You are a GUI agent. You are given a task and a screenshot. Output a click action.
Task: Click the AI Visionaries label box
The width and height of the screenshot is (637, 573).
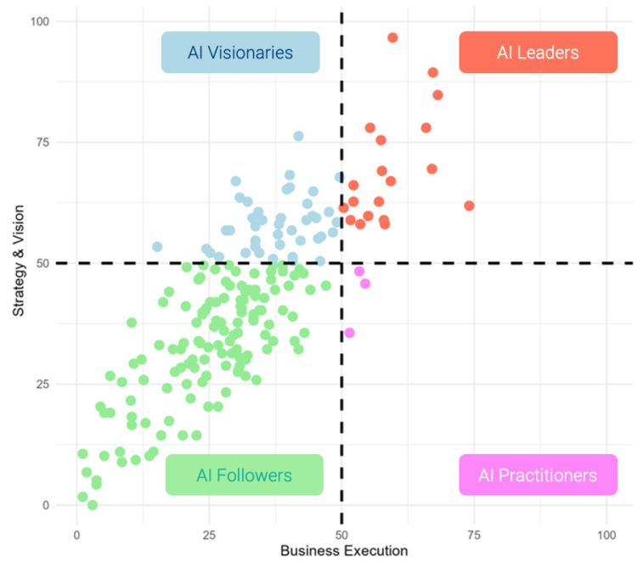pyautogui.click(x=240, y=53)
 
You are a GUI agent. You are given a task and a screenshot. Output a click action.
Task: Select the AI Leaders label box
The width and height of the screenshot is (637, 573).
pyautogui.click(x=538, y=53)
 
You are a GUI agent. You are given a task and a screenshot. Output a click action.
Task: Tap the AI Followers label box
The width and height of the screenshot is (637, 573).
pyautogui.click(x=244, y=475)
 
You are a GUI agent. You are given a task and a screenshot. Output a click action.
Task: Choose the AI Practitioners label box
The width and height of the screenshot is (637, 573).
pyautogui.click(x=538, y=475)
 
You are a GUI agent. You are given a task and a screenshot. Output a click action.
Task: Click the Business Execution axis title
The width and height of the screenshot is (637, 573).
pyautogui.click(x=344, y=551)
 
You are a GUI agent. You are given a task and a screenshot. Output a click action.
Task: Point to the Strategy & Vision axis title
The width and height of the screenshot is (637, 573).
pyautogui.click(x=19, y=262)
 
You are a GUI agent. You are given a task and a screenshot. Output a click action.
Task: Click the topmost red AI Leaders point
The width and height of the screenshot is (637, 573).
pyautogui.click(x=392, y=37)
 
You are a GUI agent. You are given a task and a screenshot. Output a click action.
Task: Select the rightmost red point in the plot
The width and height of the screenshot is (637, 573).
pyautogui.click(x=469, y=205)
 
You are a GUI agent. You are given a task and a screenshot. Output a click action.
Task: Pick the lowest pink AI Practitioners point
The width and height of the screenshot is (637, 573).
pyautogui.click(x=349, y=333)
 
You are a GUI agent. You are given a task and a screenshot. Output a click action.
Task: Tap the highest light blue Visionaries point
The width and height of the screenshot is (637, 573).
pyautogui.click(x=298, y=136)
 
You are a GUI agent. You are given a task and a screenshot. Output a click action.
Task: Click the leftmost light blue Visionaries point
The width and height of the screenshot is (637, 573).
pyautogui.click(x=157, y=247)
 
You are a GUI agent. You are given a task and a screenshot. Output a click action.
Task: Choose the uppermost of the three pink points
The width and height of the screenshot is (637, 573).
pyautogui.click(x=359, y=272)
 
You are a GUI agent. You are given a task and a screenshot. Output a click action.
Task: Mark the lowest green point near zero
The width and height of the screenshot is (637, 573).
pyautogui.click(x=93, y=505)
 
